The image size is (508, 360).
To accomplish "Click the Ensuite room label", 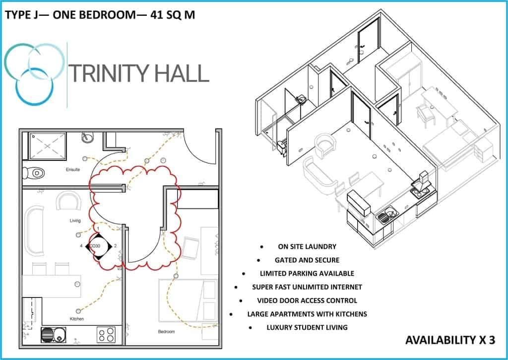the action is tap(72, 170).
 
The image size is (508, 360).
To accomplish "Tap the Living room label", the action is tap(75, 220).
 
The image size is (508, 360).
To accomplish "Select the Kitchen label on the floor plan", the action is tap(77, 319).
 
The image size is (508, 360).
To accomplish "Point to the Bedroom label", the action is tap(166, 332).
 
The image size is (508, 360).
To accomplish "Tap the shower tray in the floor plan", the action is tap(48, 146).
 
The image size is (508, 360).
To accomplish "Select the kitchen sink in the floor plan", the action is tap(54, 335).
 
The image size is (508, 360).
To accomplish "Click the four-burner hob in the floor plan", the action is tap(106, 335).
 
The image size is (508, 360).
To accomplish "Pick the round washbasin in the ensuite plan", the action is tap(87, 138).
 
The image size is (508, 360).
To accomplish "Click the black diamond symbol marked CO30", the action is tap(99, 246).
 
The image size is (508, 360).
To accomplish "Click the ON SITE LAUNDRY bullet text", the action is tap(307, 246).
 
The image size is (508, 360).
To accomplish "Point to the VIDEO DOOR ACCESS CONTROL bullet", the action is tap(307, 300).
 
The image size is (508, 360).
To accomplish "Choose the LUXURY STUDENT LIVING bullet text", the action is tap(307, 328).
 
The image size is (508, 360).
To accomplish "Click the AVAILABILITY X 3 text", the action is tap(450, 340).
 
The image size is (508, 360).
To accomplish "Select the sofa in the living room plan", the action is tap(34, 231).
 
